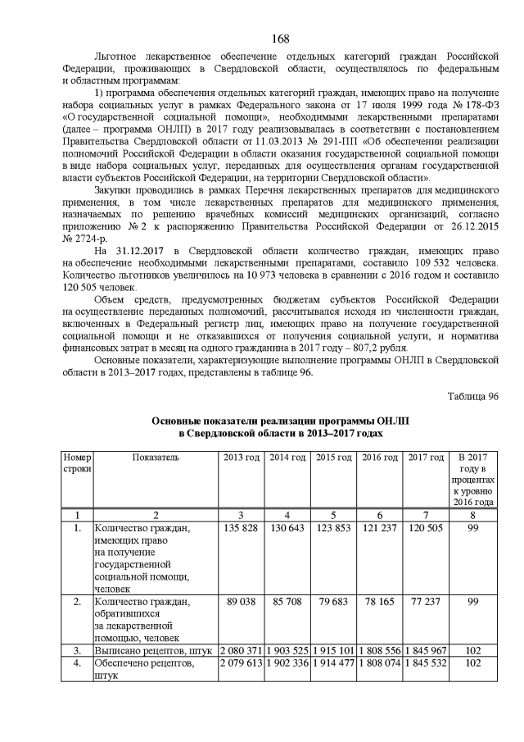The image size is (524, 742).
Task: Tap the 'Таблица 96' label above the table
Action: coord(472,396)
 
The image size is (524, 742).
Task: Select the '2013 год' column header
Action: coord(243,457)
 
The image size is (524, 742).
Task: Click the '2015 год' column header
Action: coord(334,457)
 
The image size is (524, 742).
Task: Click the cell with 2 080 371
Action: coord(243,650)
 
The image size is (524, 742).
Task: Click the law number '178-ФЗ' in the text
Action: coord(481,121)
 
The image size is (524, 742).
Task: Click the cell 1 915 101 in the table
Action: coord(334,650)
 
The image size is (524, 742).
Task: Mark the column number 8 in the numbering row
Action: coord(473,515)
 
